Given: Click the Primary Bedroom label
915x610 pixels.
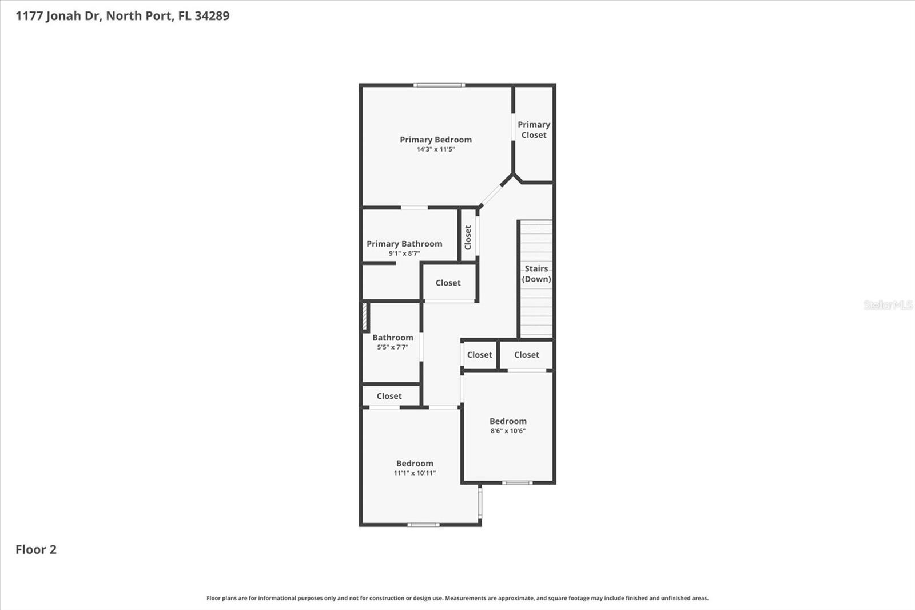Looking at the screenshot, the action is click(x=435, y=140).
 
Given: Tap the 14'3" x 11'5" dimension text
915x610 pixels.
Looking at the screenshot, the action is click(x=435, y=149).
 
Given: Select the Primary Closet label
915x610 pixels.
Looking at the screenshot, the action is click(x=534, y=129).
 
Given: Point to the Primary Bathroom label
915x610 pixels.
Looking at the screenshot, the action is click(x=404, y=244).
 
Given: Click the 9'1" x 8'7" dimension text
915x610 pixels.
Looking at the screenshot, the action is click(x=404, y=253).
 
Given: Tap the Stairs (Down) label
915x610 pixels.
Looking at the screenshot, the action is click(x=536, y=274).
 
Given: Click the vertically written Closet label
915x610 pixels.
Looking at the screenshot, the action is click(x=468, y=237).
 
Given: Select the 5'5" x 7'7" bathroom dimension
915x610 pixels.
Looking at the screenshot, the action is click(x=392, y=347).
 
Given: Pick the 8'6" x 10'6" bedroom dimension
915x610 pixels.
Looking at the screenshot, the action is click(x=508, y=430).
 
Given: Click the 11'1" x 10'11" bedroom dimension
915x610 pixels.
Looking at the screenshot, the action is click(x=415, y=473).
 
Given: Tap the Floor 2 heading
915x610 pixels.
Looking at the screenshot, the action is click(x=36, y=549).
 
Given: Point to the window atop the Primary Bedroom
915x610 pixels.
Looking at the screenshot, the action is click(x=439, y=85).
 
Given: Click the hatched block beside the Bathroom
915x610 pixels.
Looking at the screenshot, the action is click(x=365, y=316).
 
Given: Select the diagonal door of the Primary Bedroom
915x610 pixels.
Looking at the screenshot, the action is click(x=491, y=196).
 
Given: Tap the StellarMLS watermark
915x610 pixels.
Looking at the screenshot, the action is click(x=888, y=305).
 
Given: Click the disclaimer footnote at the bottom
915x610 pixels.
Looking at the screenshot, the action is click(x=457, y=598).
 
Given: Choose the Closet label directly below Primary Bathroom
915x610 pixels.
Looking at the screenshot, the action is click(x=448, y=283).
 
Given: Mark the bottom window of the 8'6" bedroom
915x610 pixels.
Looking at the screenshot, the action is click(x=517, y=483).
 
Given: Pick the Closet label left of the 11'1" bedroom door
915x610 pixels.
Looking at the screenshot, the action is click(x=389, y=396).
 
